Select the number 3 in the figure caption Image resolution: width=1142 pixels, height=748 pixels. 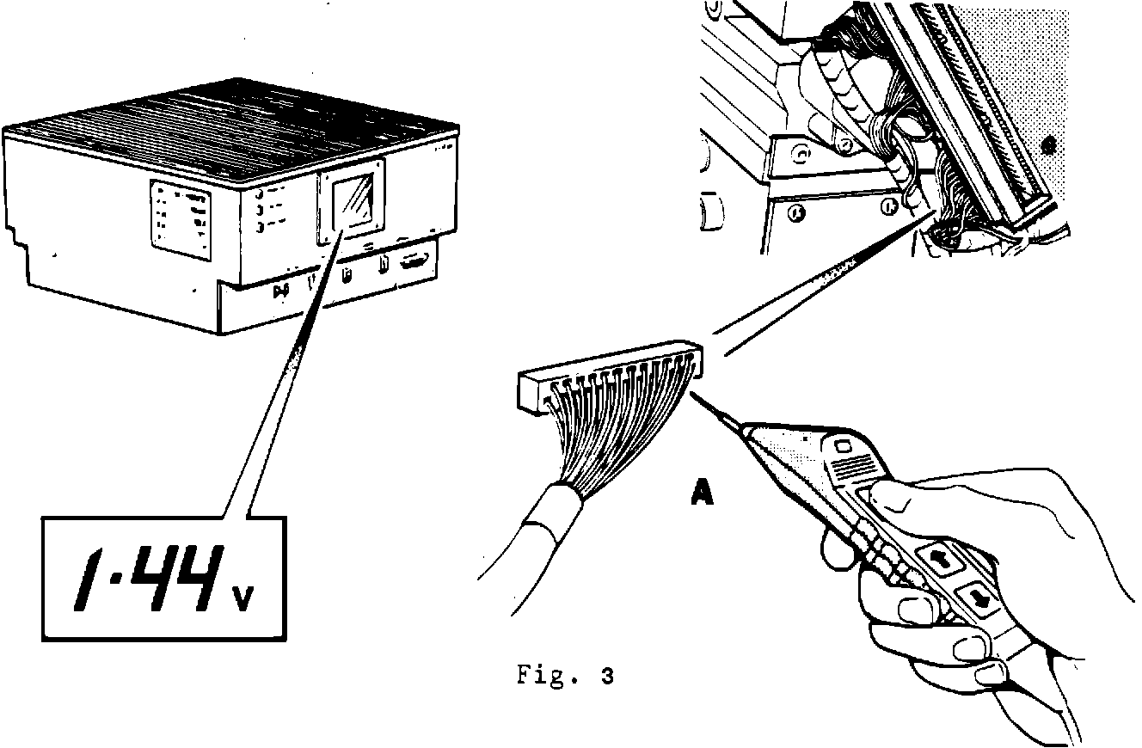(608, 676)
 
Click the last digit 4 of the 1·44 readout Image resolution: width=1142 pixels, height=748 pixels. (203, 577)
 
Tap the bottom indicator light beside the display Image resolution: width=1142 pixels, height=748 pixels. (260, 228)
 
